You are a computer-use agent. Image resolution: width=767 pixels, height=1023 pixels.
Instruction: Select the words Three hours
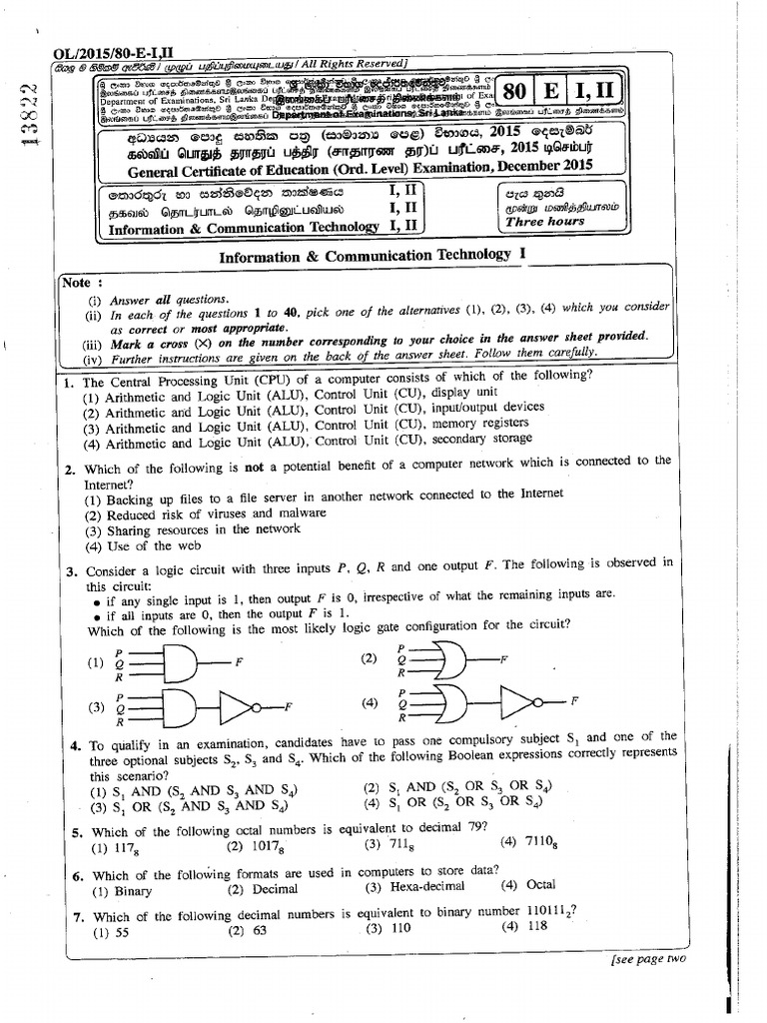(x=544, y=221)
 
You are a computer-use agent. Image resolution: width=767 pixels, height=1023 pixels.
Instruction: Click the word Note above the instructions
(x=77, y=283)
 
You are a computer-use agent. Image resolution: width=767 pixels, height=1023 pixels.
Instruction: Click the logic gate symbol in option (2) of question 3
(x=443, y=659)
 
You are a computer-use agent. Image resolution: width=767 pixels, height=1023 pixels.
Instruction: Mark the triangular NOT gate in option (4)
(x=520, y=702)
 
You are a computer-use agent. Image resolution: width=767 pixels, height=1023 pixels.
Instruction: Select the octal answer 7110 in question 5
(x=529, y=841)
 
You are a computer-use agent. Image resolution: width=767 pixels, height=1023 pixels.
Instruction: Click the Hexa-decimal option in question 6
(x=413, y=886)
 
